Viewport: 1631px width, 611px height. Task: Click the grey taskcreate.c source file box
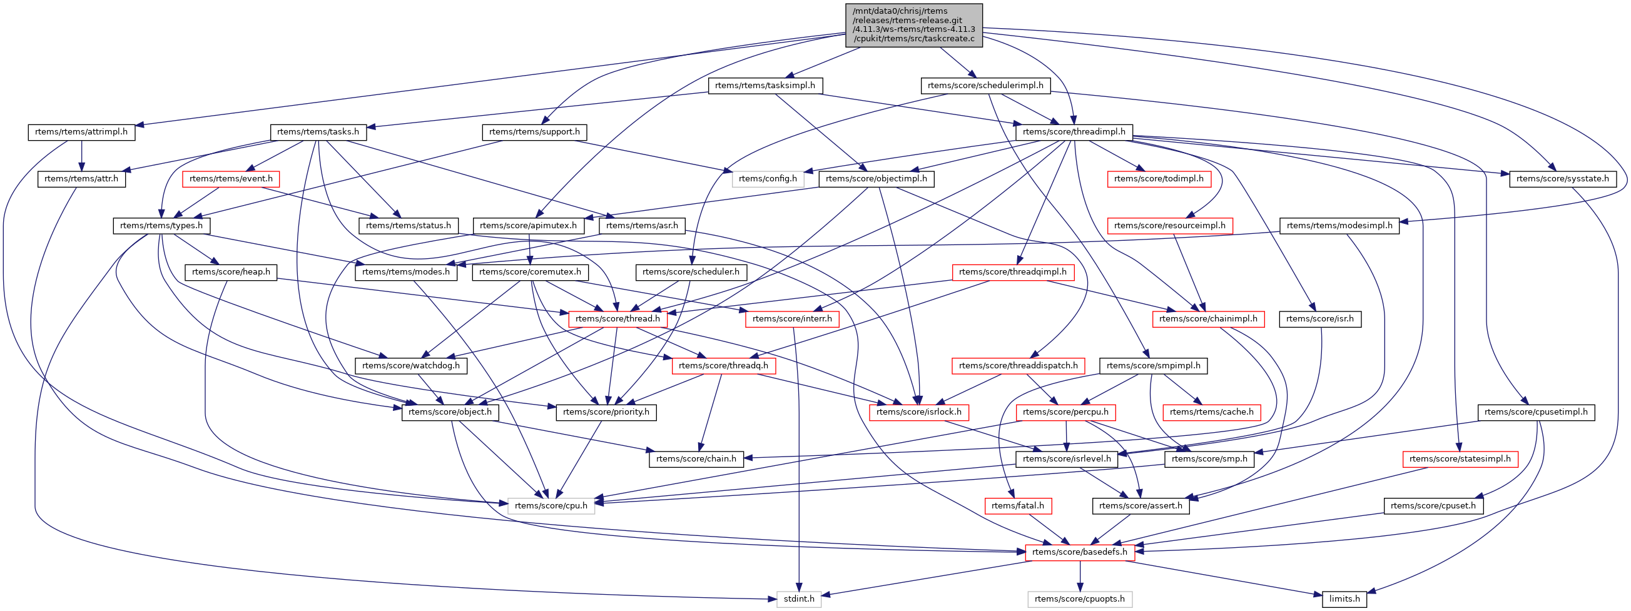[913, 24]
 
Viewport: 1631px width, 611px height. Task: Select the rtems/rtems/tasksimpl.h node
[765, 86]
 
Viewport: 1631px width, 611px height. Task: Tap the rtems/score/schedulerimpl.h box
[985, 86]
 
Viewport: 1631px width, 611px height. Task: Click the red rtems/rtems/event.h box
[230, 179]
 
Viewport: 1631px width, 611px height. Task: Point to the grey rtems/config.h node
[768, 179]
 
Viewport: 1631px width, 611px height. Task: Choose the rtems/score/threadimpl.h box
[1074, 133]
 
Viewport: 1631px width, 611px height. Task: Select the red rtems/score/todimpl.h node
[1159, 179]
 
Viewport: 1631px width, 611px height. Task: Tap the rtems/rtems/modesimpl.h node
[1339, 226]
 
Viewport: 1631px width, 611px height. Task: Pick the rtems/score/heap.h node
[230, 272]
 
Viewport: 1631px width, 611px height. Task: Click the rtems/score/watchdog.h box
[411, 366]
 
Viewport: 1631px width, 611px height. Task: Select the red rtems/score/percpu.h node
[1065, 412]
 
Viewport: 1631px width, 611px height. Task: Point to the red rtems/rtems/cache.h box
[1212, 412]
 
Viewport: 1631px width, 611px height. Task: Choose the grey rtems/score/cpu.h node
[551, 506]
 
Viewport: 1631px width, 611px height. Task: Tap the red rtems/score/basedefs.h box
[1080, 552]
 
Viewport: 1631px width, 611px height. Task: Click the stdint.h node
[798, 599]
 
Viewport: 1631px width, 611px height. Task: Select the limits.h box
[1344, 599]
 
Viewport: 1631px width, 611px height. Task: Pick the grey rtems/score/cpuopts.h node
[1080, 599]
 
